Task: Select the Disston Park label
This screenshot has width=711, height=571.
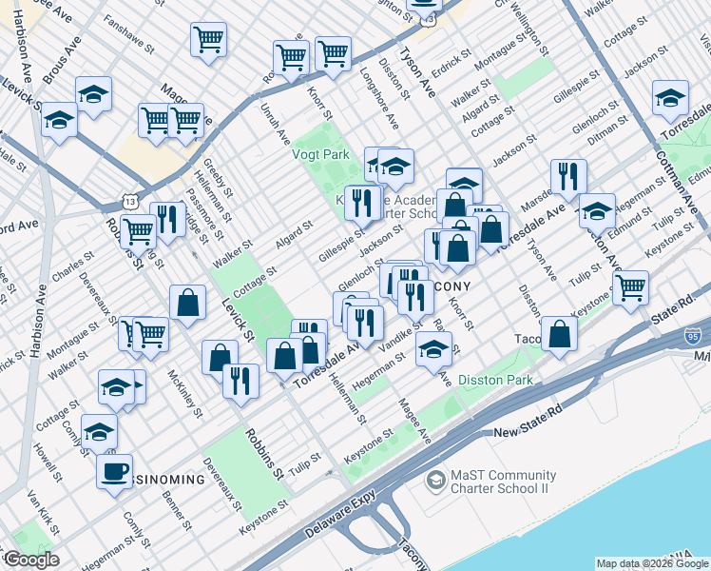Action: point(494,380)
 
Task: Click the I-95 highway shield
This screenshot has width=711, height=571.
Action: point(693,336)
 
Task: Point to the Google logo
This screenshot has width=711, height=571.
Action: point(31,560)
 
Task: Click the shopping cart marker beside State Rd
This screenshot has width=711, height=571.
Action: point(631,286)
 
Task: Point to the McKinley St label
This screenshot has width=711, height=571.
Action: point(184,392)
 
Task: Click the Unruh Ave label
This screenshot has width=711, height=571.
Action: point(276,128)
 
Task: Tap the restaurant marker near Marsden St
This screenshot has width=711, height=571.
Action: point(567,177)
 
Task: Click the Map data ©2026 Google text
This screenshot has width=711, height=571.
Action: point(652,563)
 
